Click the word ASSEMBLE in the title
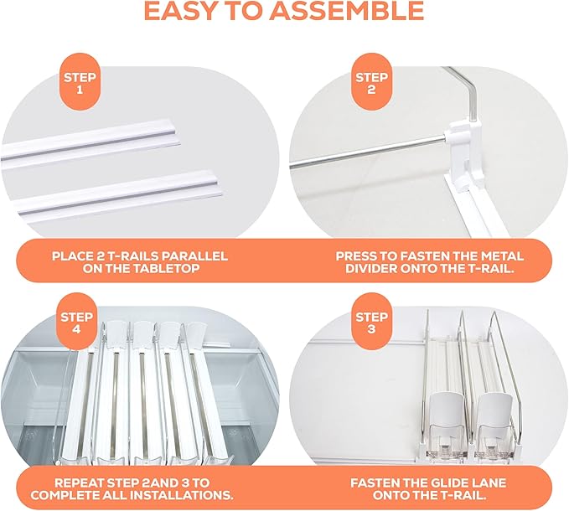pyautogui.click(x=346, y=11)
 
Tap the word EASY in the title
pyautogui.click(x=182, y=11)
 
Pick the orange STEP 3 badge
pyautogui.click(x=371, y=322)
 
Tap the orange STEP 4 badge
pyautogui.click(x=76, y=322)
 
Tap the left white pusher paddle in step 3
pyautogui.click(x=447, y=409)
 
